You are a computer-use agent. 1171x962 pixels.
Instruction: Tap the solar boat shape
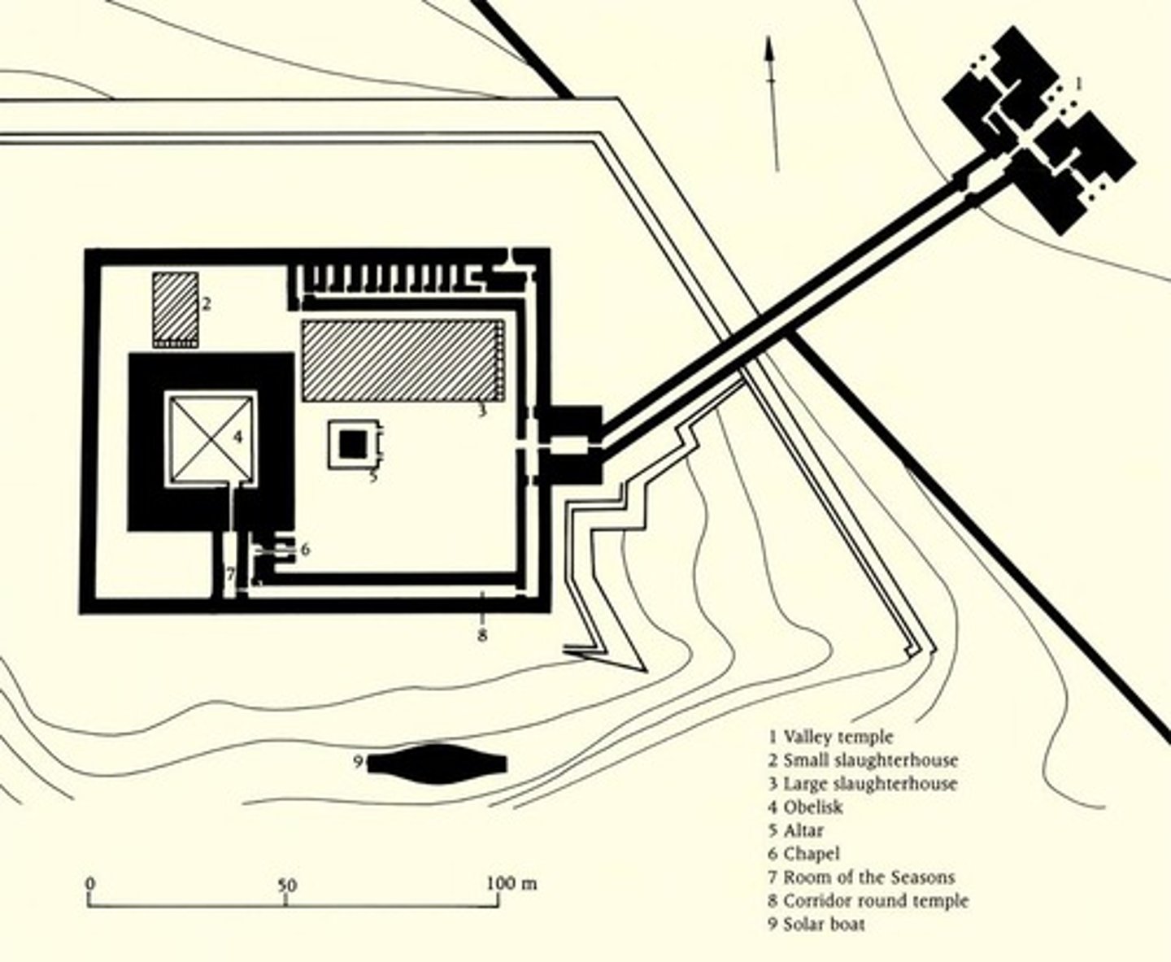(440, 764)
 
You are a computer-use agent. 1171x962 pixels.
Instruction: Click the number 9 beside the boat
(357, 763)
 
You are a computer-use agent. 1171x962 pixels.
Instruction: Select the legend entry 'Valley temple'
(830, 737)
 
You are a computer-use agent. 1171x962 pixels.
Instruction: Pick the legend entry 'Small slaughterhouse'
(863, 760)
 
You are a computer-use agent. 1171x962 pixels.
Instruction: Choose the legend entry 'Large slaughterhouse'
(863, 784)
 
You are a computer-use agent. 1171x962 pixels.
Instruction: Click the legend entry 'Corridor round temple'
(868, 901)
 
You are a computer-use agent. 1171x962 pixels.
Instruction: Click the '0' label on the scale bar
(90, 884)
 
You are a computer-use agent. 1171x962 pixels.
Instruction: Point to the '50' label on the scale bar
(285, 885)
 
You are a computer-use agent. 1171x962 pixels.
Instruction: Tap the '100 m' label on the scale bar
(511, 883)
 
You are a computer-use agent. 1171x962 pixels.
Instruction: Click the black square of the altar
(352, 444)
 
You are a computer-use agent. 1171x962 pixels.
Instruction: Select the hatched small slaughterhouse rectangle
(176, 307)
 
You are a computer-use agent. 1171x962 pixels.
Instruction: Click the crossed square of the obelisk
(212, 438)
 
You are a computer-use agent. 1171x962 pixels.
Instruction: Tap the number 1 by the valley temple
(1078, 83)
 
